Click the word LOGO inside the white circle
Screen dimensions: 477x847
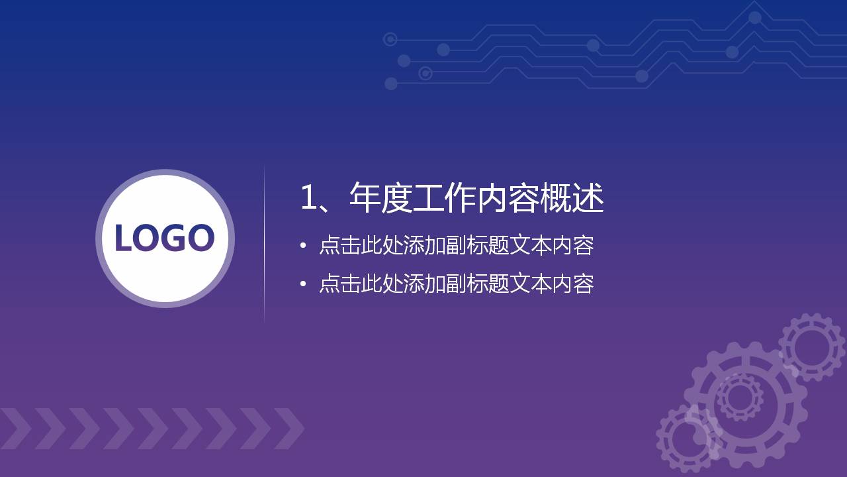click(165, 238)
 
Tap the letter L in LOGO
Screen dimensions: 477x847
click(124, 238)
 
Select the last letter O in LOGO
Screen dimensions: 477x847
click(200, 238)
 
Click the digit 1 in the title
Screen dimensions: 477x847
click(308, 198)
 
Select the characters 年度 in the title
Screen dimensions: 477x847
click(380, 198)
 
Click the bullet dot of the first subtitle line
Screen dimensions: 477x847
click(303, 246)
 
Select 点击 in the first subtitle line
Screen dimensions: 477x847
click(339, 246)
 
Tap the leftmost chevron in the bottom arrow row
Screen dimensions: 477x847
click(15, 429)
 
